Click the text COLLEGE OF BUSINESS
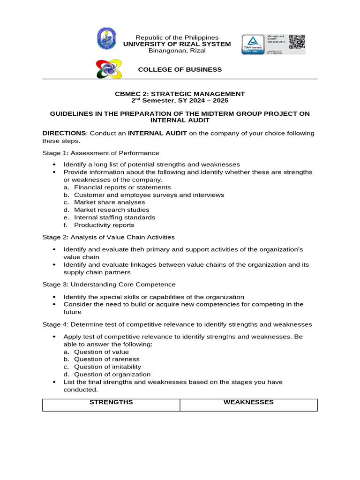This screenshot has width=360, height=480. coord(180,69)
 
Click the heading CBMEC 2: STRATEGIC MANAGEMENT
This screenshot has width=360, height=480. coord(180,94)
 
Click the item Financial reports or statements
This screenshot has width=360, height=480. coord(122,187)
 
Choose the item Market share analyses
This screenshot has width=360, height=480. coord(109,202)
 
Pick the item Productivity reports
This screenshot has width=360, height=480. coord(104,225)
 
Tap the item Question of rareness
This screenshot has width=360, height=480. coord(107,359)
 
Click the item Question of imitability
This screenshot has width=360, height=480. coord(107,367)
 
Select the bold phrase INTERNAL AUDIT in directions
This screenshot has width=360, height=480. coord(157,133)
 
